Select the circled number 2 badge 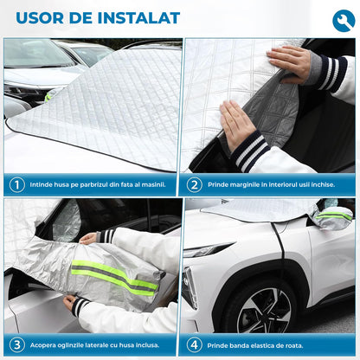tap(194, 184)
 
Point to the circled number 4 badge tap(194, 344)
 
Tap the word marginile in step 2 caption tap(247, 184)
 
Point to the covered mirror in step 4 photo tap(334, 216)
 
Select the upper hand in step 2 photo tap(289, 61)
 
